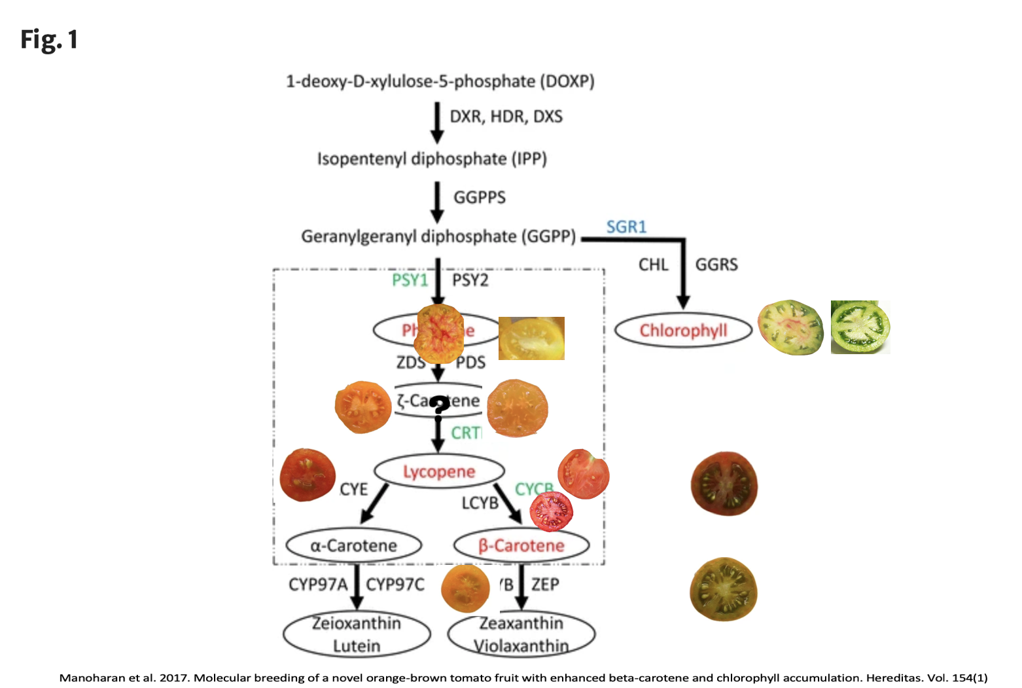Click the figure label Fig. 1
click(49, 40)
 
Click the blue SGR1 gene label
click(626, 227)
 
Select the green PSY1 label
click(410, 280)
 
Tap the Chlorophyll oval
click(683, 331)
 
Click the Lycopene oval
click(439, 471)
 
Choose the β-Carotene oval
click(521, 546)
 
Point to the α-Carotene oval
click(353, 546)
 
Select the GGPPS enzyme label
click(480, 197)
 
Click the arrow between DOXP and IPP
click(437, 122)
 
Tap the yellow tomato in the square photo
click(531, 338)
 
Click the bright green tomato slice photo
click(860, 327)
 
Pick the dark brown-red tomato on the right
click(724, 484)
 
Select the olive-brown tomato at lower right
click(723, 589)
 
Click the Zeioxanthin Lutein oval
click(357, 634)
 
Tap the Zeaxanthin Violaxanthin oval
click(521, 634)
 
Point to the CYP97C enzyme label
click(395, 585)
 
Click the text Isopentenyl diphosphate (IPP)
click(432, 159)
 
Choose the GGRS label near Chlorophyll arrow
click(716, 265)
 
